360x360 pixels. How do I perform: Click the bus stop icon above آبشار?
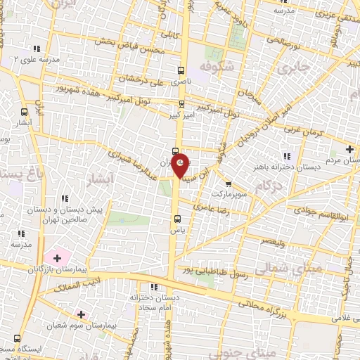tap(25, 111)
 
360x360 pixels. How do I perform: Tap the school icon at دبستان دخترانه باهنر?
tap(286, 155)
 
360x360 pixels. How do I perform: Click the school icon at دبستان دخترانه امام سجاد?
tap(153, 287)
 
